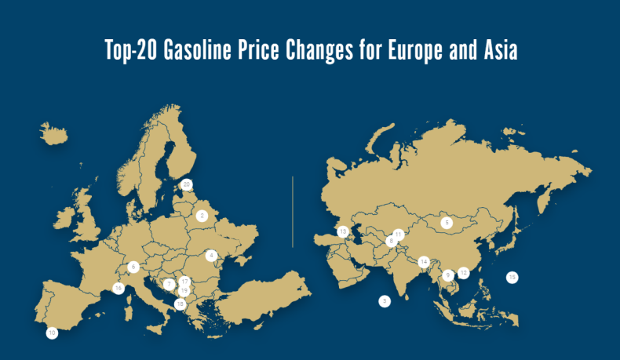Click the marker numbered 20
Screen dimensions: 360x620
point(186,184)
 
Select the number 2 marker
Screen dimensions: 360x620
point(202,215)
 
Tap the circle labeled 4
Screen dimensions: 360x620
point(211,255)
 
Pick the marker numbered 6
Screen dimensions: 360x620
point(133,267)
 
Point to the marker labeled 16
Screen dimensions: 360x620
point(118,289)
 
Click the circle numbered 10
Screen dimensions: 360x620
point(52,333)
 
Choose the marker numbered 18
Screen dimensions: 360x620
point(180,304)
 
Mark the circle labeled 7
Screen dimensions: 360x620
point(169,284)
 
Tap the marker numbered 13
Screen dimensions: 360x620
point(342,231)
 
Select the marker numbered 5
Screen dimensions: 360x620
point(447,223)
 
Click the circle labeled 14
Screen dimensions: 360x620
point(424,261)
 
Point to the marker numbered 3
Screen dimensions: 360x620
point(384,300)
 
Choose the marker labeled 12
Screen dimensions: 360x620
point(463,273)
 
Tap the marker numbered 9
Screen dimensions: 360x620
point(447,275)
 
